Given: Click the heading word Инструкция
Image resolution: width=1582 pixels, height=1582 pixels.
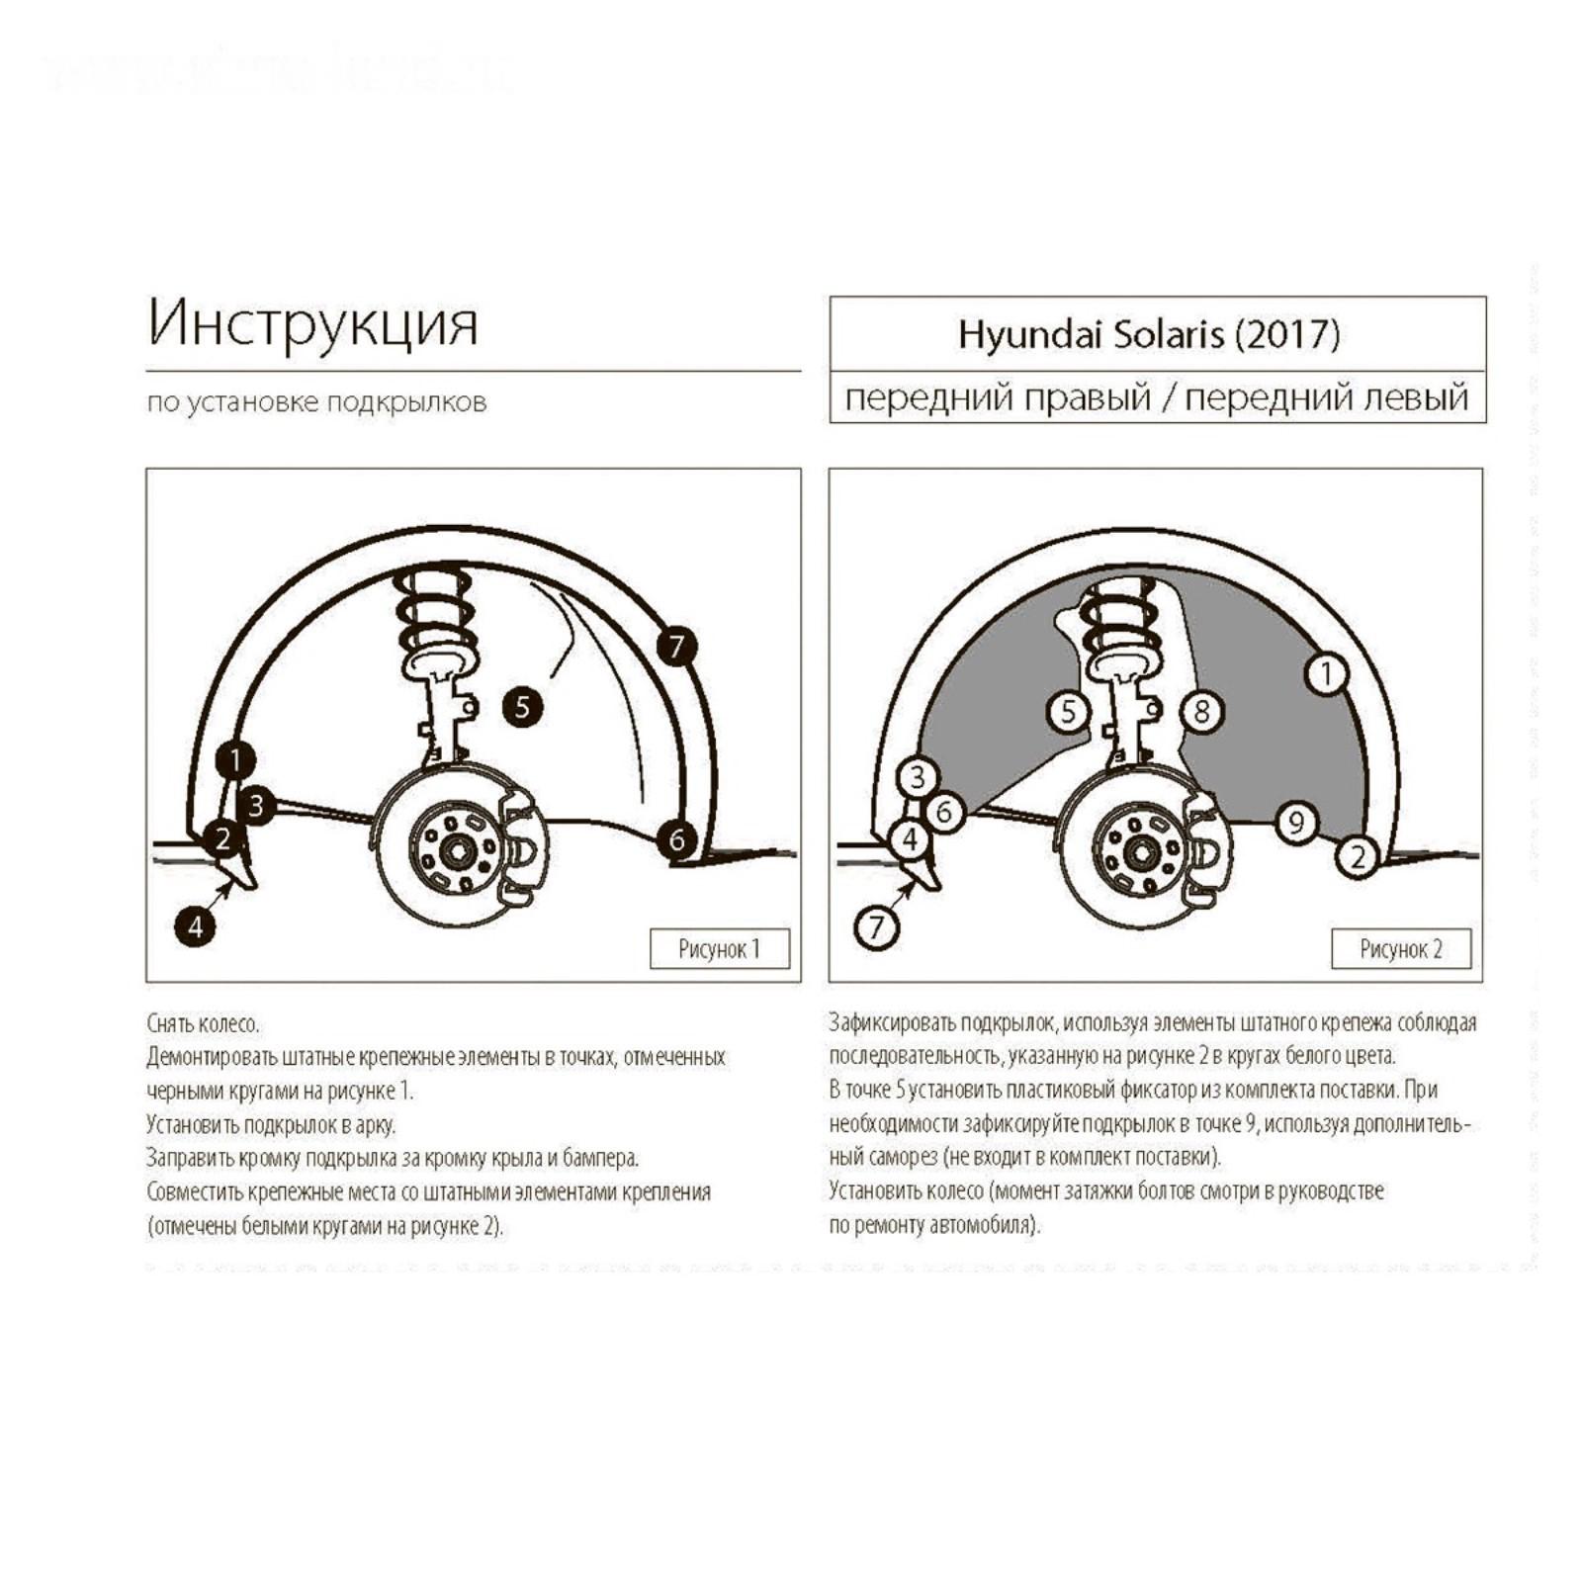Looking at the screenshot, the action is [312, 322].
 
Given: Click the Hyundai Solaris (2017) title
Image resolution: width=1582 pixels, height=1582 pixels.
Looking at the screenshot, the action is [1149, 334].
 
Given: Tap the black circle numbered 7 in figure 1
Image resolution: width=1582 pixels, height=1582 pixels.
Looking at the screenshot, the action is [676, 647].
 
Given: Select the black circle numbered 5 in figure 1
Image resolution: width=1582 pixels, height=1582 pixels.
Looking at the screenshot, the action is [522, 706].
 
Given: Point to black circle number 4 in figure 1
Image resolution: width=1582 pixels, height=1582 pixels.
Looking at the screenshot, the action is [196, 926].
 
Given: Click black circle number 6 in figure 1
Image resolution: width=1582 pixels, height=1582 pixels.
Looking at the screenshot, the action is [677, 839].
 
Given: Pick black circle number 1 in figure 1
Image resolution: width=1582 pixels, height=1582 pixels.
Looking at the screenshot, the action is [235, 760].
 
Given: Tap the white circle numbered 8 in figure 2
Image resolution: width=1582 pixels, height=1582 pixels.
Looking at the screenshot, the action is [1201, 711].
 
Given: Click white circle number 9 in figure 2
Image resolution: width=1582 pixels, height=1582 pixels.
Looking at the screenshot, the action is [1296, 822].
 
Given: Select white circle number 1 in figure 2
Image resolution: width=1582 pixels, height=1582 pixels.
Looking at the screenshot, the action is [1326, 674].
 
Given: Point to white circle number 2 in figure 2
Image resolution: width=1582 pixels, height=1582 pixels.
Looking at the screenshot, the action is [1358, 855].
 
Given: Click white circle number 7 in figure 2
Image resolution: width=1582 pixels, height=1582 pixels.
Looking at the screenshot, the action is [876, 927].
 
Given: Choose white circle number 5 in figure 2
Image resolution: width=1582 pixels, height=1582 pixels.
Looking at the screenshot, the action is [1068, 711].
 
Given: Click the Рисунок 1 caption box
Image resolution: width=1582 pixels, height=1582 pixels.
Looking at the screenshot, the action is [720, 949].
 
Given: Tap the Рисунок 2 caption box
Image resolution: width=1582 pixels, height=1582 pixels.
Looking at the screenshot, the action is [1401, 949].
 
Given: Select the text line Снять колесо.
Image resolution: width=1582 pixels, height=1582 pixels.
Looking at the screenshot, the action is [203, 1023].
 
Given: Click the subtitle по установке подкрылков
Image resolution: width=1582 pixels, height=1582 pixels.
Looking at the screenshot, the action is [316, 402].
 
